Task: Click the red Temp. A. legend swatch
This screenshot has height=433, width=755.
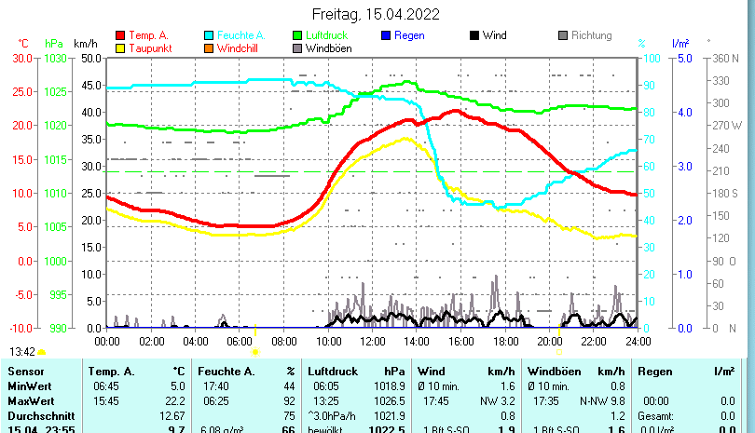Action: [x=120, y=36]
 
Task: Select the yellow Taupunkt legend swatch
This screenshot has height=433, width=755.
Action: [x=120, y=48]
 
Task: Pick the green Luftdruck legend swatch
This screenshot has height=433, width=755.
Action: [x=298, y=36]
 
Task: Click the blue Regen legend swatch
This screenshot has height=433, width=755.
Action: [x=387, y=36]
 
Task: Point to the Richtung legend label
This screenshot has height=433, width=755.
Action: [x=592, y=36]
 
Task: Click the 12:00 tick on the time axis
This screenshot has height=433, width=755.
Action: [x=373, y=342]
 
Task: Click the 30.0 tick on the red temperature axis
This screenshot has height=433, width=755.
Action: [x=21, y=58]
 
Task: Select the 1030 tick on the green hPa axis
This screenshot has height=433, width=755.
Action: [x=55, y=58]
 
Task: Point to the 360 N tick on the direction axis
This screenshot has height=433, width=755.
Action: [x=726, y=58]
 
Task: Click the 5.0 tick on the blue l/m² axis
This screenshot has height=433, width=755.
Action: [x=682, y=58]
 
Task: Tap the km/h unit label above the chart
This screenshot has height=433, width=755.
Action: [x=86, y=43]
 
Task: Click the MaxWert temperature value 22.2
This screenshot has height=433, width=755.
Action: [x=172, y=400]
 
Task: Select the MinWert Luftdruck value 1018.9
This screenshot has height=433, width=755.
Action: [x=388, y=386]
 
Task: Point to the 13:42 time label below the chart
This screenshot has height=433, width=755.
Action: [x=22, y=352]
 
